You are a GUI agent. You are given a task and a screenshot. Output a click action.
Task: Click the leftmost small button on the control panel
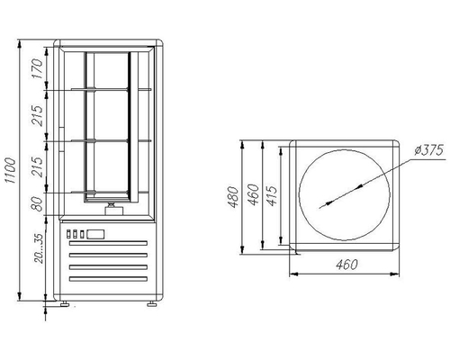pos(70,236)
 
